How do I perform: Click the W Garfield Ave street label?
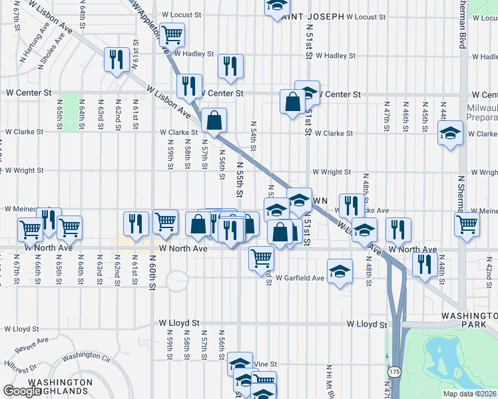point(300,277)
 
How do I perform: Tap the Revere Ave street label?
point(33,344)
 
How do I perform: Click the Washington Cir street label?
point(85,357)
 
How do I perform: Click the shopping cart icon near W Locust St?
point(172,33)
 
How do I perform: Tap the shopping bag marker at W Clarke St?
point(214,121)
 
